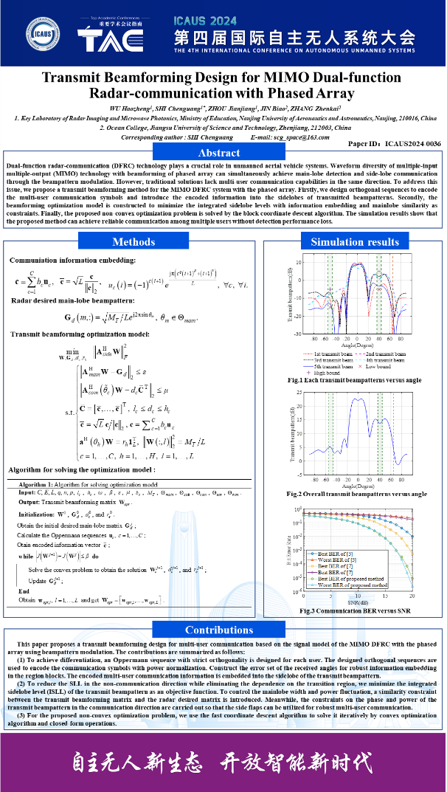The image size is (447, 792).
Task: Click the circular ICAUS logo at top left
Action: coord(43,35)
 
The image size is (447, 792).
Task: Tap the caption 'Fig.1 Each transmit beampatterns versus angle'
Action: coord(356,380)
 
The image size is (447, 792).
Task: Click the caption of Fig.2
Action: coord(357,494)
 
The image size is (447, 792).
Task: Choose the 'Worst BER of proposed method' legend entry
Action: coord(357,584)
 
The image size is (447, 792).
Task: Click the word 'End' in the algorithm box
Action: coord(24,591)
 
